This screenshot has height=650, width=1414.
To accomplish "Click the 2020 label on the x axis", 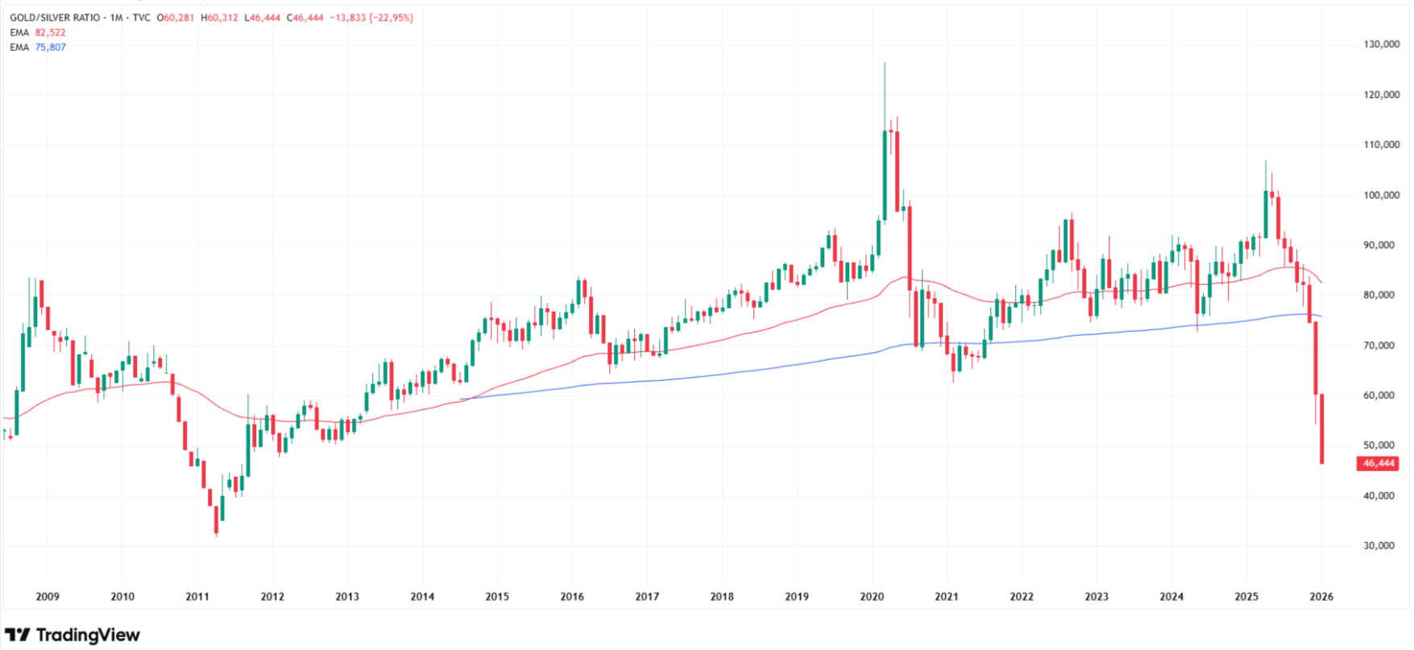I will [872, 597].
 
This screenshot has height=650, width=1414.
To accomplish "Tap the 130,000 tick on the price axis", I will [1381, 44].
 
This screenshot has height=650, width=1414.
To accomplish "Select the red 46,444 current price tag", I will [1378, 463].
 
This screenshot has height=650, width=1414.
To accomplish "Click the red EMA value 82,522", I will [50, 32].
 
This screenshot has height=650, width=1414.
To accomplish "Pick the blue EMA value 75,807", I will [50, 47].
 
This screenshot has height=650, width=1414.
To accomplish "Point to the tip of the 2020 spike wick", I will [885, 64].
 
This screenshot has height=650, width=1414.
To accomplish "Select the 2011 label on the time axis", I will [197, 597].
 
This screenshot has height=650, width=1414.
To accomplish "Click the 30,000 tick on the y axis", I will [1379, 545].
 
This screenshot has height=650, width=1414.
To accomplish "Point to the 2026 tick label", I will [1321, 597].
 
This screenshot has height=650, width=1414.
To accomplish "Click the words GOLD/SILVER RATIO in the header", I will [55, 17].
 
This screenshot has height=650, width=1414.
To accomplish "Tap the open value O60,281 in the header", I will [175, 17].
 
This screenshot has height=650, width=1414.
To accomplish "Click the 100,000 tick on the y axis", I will [1381, 195].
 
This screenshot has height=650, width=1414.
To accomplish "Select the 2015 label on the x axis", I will [497, 597].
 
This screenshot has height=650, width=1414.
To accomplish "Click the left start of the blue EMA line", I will [461, 399].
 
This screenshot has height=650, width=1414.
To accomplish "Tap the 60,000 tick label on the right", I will [1379, 395].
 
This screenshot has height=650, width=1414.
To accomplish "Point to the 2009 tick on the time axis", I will [48, 597].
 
